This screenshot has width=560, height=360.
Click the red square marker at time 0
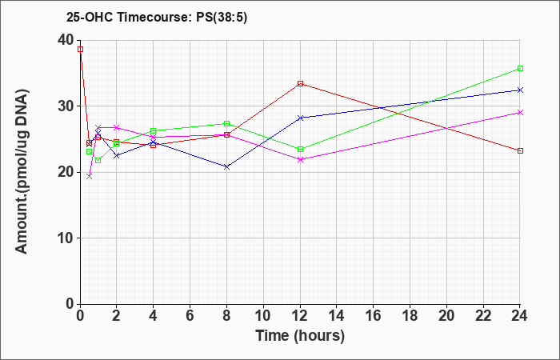(x=80, y=50)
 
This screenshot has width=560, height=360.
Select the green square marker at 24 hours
(x=520, y=68)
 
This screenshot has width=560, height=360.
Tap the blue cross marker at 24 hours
(x=520, y=90)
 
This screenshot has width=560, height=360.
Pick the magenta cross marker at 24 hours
(x=520, y=113)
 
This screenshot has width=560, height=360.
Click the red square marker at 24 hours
(x=520, y=150)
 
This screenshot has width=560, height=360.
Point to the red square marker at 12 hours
(x=300, y=83)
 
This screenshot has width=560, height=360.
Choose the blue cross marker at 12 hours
(x=300, y=118)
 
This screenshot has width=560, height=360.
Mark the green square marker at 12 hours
(x=300, y=149)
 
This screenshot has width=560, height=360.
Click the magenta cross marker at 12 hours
(x=300, y=160)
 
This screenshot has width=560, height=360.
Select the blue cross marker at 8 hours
(x=226, y=166)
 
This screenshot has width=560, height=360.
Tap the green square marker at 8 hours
(x=226, y=123)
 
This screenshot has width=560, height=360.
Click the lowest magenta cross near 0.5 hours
(x=90, y=177)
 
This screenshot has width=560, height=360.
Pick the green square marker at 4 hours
(x=154, y=130)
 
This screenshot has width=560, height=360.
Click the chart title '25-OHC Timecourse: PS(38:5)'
(x=157, y=18)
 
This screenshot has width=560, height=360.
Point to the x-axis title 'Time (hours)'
(x=300, y=336)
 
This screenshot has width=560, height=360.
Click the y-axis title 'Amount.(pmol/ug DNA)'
(x=22, y=171)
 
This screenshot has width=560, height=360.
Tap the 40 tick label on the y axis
(x=66, y=40)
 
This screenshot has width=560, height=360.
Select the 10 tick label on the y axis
(x=66, y=238)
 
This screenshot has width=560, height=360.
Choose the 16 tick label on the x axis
(x=374, y=315)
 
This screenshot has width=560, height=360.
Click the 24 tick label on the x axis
(x=520, y=315)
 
